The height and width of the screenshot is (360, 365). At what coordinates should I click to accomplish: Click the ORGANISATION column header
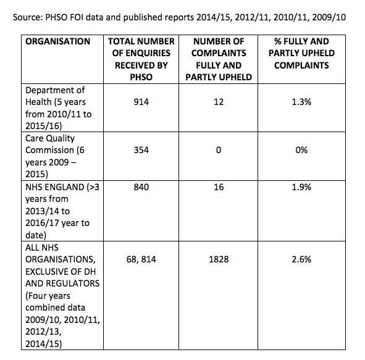57,41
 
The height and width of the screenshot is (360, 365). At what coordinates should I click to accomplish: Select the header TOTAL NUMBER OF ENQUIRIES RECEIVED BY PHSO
141,59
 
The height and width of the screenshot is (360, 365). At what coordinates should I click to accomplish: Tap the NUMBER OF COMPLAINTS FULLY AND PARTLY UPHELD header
219,59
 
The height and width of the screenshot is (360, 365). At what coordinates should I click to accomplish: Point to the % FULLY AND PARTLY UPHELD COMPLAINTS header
301,53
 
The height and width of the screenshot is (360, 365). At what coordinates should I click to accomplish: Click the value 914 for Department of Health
141,102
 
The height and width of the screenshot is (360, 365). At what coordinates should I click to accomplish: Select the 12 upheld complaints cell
219,102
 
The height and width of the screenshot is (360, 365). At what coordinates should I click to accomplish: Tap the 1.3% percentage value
301,102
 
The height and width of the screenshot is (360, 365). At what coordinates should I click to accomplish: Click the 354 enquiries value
141,150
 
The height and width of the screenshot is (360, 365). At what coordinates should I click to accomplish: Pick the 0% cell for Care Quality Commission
301,150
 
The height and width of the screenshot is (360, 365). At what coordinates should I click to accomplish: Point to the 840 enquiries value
141,187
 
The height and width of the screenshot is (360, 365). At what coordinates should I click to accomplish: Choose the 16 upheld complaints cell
219,187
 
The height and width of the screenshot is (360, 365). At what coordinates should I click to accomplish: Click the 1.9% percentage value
301,187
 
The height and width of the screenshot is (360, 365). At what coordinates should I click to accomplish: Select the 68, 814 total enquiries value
141,259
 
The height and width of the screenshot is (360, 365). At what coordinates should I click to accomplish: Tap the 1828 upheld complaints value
219,259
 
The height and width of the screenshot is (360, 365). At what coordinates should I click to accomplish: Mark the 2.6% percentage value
301,259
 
